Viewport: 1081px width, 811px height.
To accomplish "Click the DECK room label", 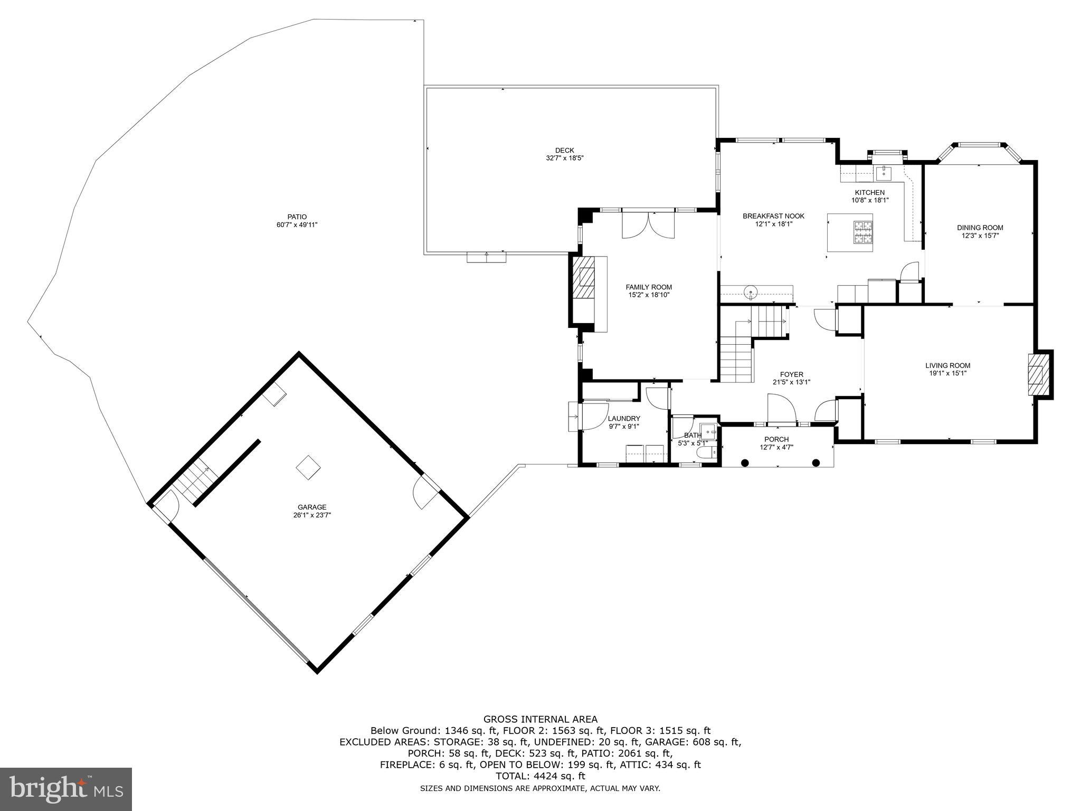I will [x=564, y=150].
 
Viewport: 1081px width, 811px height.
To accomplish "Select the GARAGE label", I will [x=312, y=507].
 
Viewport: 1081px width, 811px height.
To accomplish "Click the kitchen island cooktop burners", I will [x=864, y=233].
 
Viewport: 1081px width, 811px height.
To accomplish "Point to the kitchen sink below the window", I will [x=883, y=173].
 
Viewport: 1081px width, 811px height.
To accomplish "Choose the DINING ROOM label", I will [x=980, y=228].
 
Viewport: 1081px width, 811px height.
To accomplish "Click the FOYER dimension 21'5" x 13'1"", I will [x=791, y=382].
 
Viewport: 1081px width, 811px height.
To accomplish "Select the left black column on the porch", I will [x=745, y=463].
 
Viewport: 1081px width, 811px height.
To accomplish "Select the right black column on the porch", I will [x=816, y=463].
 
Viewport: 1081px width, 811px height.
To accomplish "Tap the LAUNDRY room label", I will [x=623, y=419].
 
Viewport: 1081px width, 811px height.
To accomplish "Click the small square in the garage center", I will [x=308, y=467].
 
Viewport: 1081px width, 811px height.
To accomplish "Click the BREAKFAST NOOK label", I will [x=773, y=216].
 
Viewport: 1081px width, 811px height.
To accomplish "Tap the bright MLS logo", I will [x=66, y=789].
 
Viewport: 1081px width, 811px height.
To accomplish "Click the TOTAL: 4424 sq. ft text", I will [x=540, y=776].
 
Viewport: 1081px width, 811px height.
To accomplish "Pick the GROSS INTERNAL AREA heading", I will [x=540, y=719].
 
